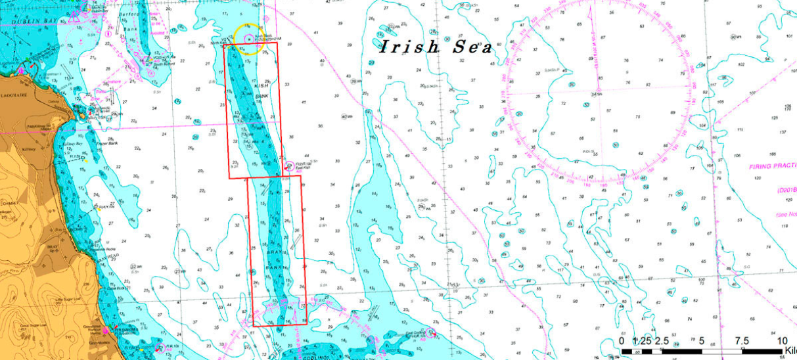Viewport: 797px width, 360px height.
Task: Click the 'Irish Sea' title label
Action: tap(436, 47)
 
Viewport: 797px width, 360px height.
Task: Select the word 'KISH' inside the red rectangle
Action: tap(260, 83)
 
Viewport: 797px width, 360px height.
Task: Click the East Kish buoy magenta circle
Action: tap(289, 166)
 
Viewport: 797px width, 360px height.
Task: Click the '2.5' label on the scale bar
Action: tap(662, 341)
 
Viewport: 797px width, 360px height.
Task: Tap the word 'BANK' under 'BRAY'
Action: tap(274, 268)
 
